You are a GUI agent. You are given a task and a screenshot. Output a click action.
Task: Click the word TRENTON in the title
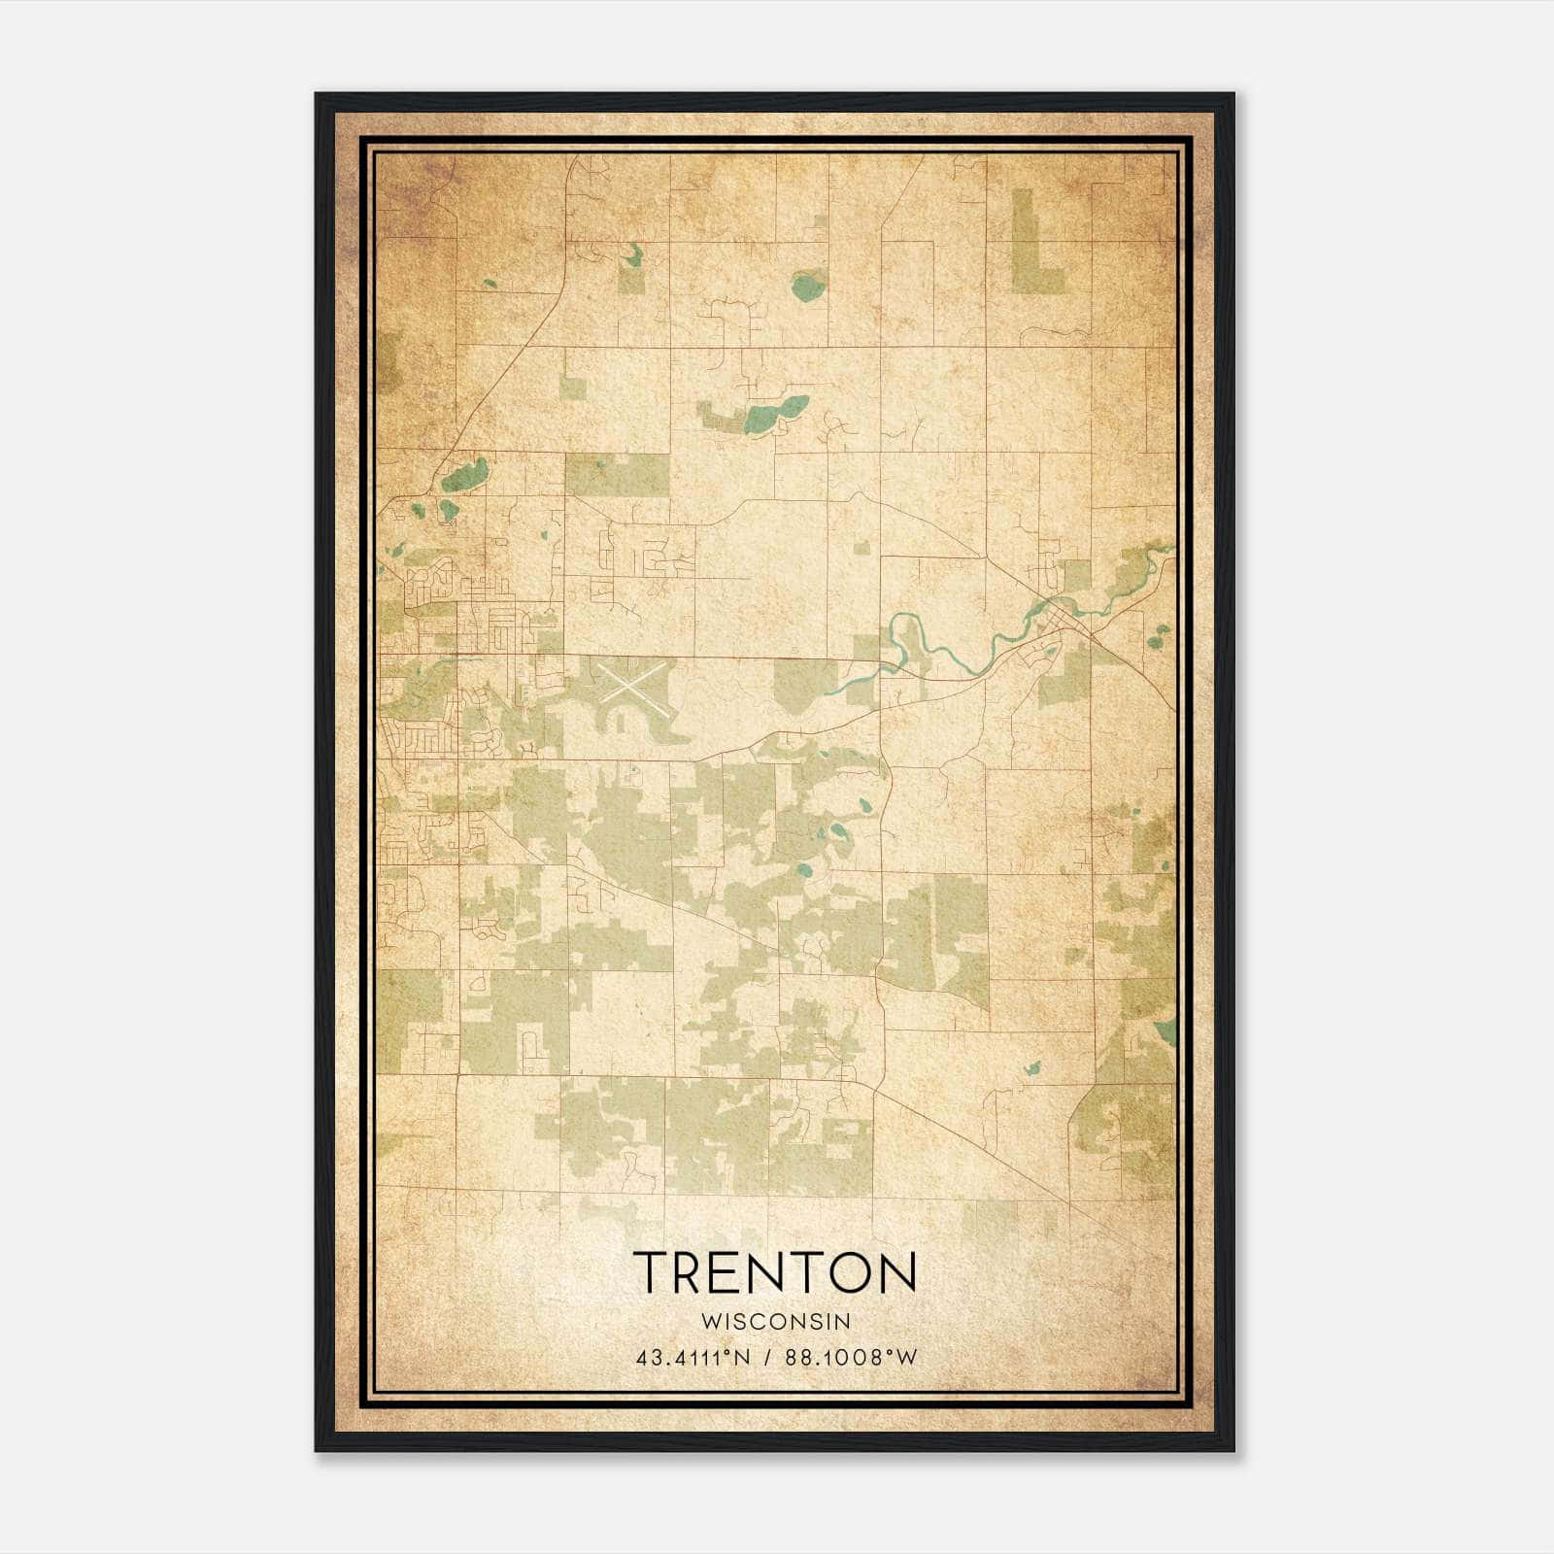click(x=775, y=1272)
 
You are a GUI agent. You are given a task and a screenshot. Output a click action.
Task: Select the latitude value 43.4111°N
click(x=693, y=1358)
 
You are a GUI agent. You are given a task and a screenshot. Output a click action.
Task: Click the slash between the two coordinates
click(x=768, y=1358)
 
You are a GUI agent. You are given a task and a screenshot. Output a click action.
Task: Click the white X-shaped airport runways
click(x=632, y=682)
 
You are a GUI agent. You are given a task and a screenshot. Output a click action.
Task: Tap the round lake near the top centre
click(x=807, y=286)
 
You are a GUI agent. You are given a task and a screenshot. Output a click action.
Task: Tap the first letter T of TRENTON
click(x=652, y=1272)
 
